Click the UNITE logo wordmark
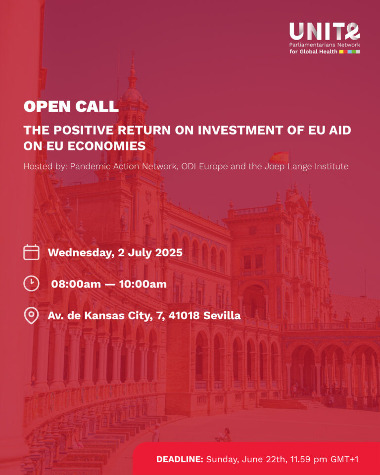(x=325, y=32)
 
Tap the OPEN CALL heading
(x=71, y=106)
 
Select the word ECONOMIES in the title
(x=106, y=146)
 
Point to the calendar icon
(x=32, y=252)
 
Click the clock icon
(x=32, y=284)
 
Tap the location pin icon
(x=31, y=316)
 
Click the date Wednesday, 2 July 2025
(x=115, y=253)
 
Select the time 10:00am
(x=142, y=284)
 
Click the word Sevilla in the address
(x=222, y=315)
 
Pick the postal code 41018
(x=184, y=316)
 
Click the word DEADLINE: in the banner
(x=180, y=459)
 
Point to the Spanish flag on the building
(x=279, y=157)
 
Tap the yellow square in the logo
(x=341, y=51)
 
